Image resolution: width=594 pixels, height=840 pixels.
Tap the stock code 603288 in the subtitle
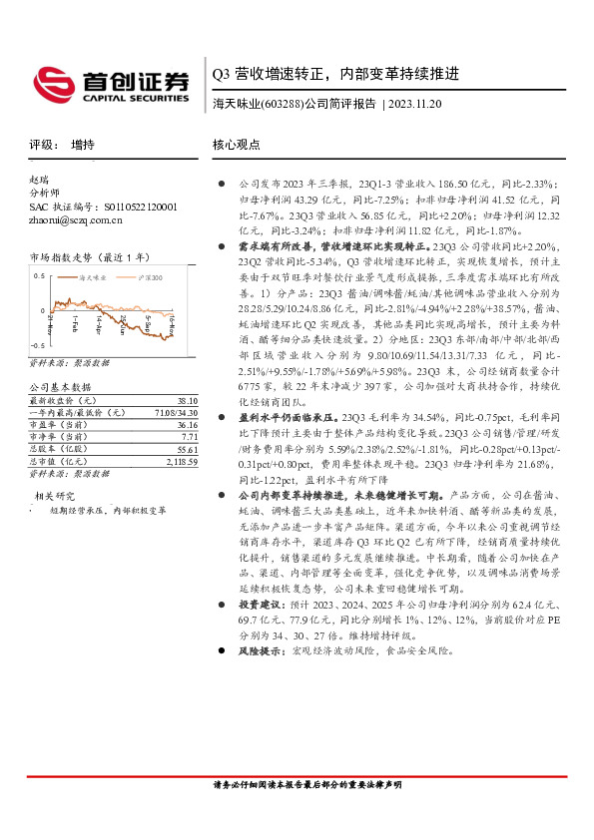pyautogui.click(x=281, y=104)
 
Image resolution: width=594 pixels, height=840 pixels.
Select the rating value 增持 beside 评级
pyautogui.click(x=83, y=145)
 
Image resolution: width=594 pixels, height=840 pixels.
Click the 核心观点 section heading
pyautogui.click(x=237, y=145)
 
